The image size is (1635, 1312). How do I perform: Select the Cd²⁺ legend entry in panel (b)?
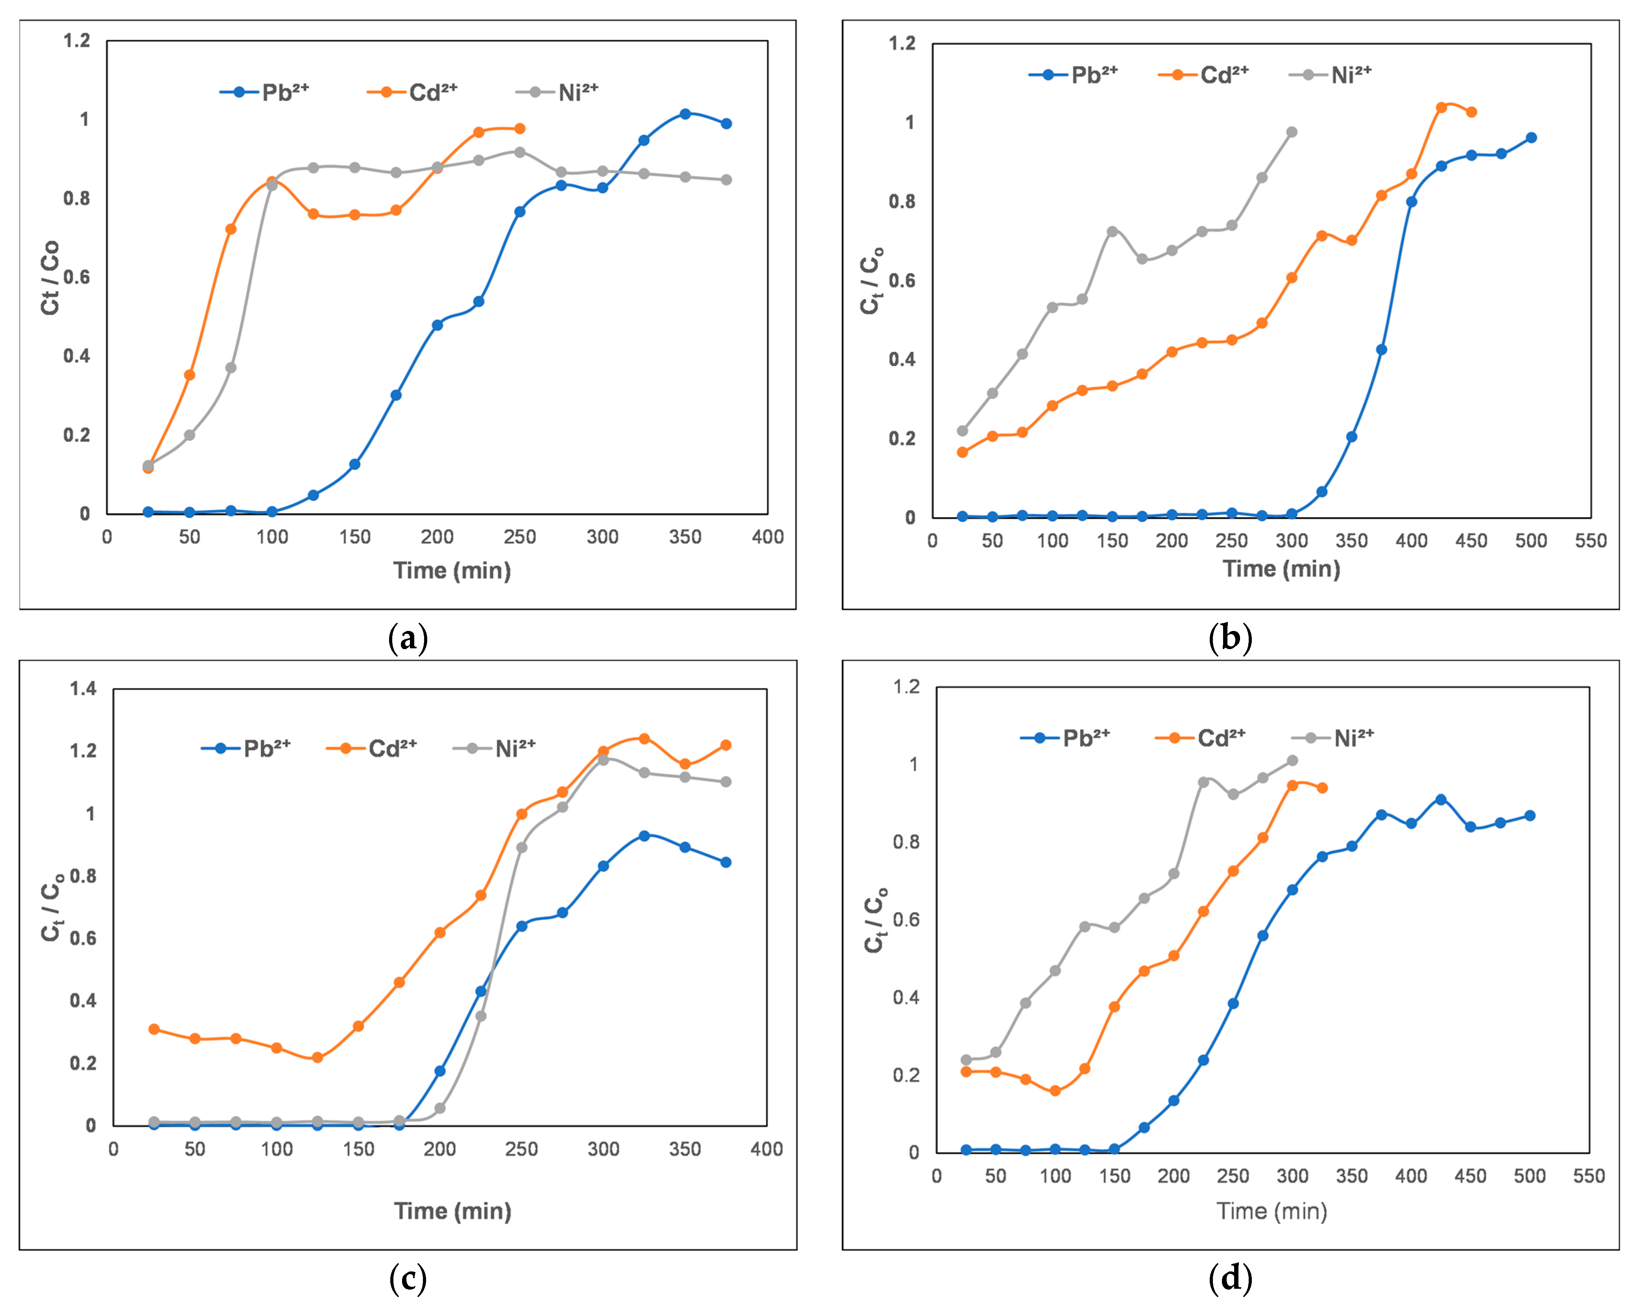point(1204,75)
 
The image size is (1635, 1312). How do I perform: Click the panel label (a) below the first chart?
point(408,638)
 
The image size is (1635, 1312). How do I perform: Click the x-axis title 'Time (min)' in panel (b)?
point(1281,568)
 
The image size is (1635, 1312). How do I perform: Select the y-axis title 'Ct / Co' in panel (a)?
point(50,277)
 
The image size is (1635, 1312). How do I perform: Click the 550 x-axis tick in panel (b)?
point(1590,541)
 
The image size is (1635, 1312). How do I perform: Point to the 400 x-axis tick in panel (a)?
point(768,537)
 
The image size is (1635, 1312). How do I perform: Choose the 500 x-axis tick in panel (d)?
point(1530,1176)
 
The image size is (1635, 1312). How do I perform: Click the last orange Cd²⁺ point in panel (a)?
point(519,128)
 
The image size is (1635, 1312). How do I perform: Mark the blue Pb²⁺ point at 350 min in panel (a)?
point(685,114)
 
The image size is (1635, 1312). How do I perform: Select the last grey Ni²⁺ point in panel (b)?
point(1292,132)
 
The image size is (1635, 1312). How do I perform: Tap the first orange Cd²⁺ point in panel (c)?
point(154,1029)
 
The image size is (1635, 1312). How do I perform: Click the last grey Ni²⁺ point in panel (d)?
point(1292,761)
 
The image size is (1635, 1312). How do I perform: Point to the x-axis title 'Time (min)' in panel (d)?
point(1272,1211)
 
